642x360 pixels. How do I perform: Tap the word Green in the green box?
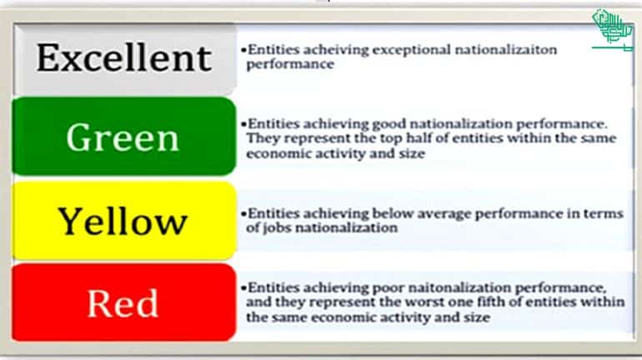pyautogui.click(x=123, y=137)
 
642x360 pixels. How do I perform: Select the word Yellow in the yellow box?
pyautogui.click(x=123, y=221)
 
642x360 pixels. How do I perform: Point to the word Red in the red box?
pyautogui.click(x=123, y=303)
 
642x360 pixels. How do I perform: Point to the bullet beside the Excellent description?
pyautogui.click(x=241, y=50)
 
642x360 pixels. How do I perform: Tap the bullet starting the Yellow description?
pyautogui.click(x=241, y=214)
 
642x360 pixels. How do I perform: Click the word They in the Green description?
pyautogui.click(x=261, y=138)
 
